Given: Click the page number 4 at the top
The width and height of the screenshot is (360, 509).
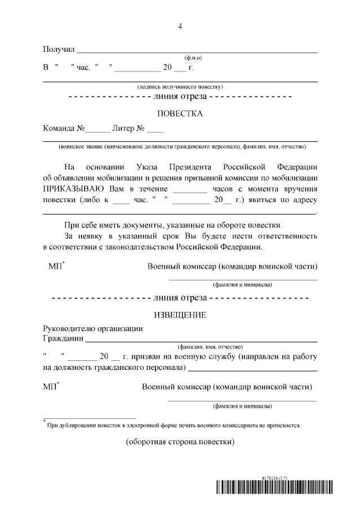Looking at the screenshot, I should [x=180, y=26].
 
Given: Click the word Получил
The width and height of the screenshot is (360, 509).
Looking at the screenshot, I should [x=59, y=50].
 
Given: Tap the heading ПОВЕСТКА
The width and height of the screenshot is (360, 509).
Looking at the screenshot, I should [x=180, y=113].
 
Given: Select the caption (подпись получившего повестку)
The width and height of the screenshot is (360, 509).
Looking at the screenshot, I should [x=180, y=87].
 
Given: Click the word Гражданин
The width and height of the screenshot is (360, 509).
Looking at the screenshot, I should [x=63, y=339].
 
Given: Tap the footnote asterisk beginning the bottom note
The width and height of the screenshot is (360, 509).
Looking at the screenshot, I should [x=44, y=421].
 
